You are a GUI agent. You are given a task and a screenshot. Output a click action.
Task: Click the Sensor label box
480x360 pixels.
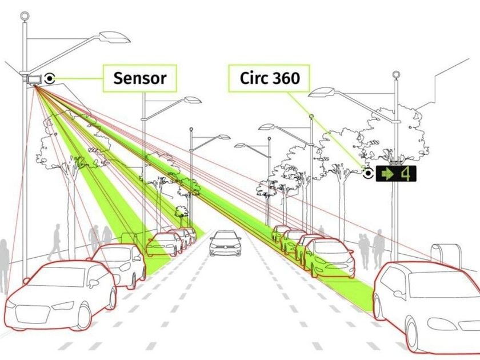[x=139, y=78]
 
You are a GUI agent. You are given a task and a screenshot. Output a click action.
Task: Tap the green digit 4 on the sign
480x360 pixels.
[x=406, y=174]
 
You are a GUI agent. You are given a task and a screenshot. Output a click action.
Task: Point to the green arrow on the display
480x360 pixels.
[x=389, y=174]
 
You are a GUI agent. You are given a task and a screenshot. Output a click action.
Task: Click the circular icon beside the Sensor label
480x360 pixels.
[x=51, y=78]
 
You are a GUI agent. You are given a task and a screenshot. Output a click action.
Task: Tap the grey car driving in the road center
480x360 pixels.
[x=225, y=243]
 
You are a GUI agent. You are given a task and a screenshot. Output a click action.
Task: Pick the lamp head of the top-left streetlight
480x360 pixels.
[x=114, y=38]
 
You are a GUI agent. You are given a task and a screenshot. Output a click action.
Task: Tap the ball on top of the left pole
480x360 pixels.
[x=24, y=17]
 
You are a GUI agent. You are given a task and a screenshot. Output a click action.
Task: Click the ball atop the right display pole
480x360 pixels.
[x=395, y=74]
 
